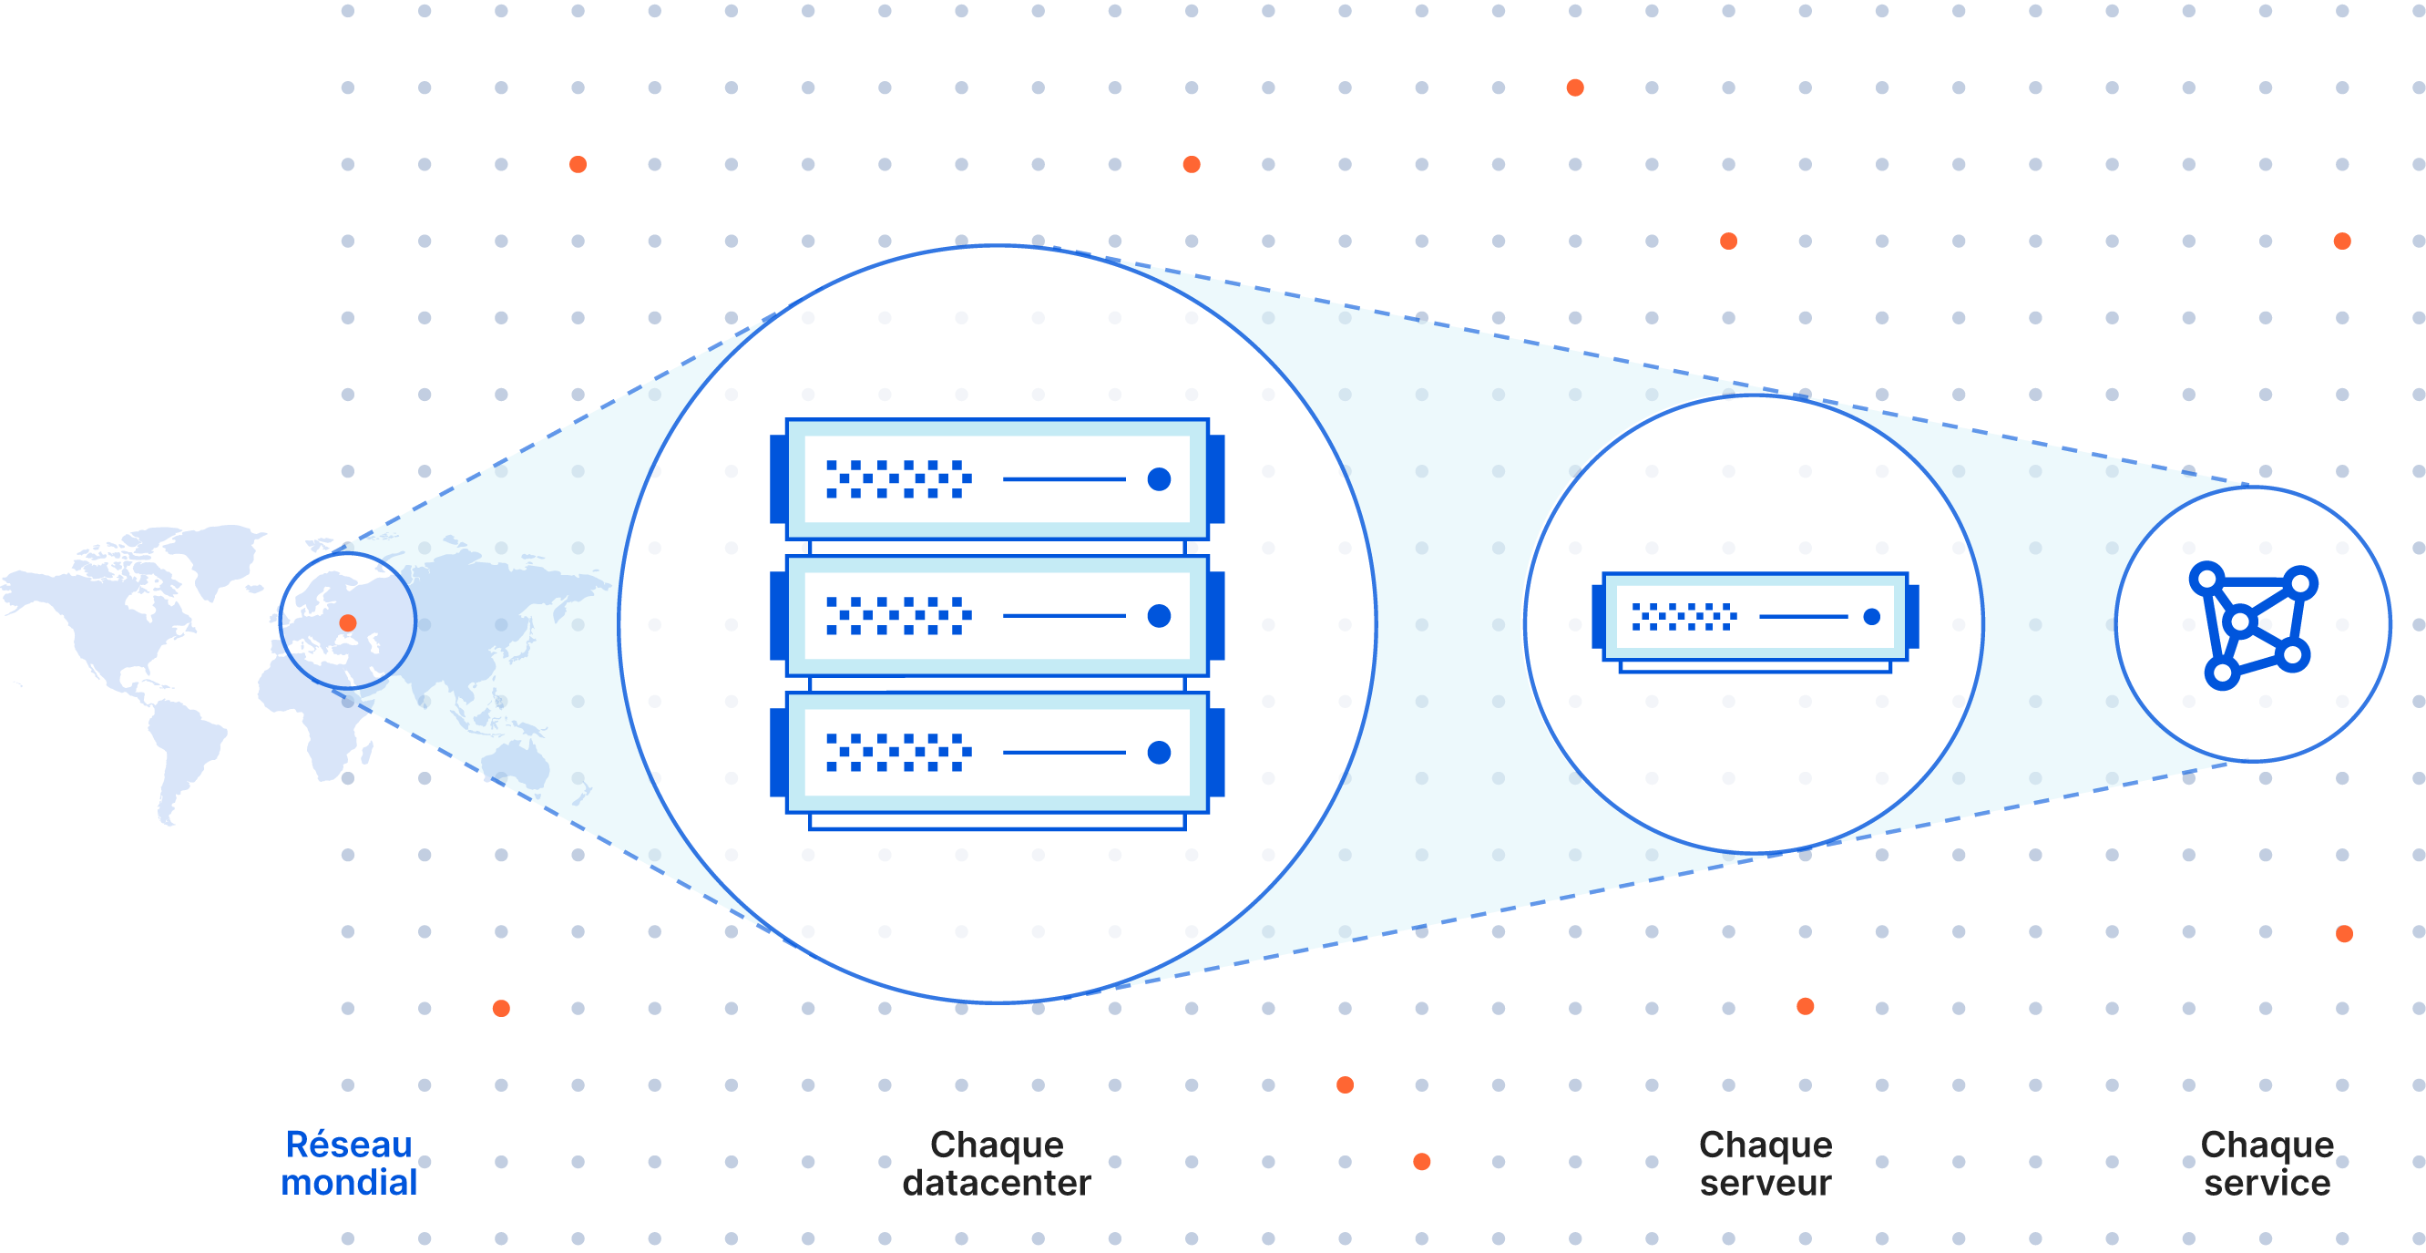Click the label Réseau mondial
(x=348, y=1164)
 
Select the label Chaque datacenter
(x=997, y=1164)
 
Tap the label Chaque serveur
(x=1766, y=1164)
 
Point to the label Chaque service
(x=2267, y=1164)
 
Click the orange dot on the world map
(x=347, y=622)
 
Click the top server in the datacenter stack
(x=997, y=478)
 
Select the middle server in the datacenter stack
(x=997, y=615)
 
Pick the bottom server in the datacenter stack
(x=997, y=752)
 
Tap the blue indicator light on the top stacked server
(x=1159, y=479)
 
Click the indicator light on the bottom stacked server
(x=1159, y=752)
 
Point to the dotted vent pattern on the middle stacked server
(x=897, y=616)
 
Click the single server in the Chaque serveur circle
(x=1755, y=617)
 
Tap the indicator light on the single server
(x=1871, y=617)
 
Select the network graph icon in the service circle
(x=2253, y=624)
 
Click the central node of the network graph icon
(x=2241, y=621)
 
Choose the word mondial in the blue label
(x=348, y=1182)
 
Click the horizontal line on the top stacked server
(x=1064, y=479)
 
